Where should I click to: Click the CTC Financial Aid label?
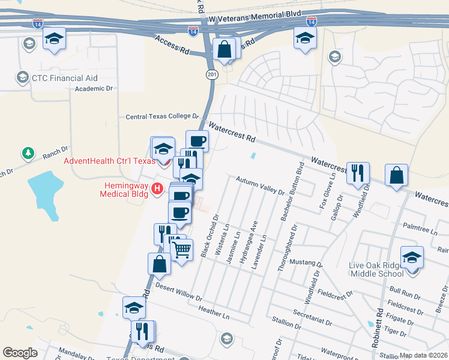pos(65,78)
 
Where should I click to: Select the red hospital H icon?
pos(157,189)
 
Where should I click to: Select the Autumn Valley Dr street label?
pos(260,185)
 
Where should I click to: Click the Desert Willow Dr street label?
pos(178,292)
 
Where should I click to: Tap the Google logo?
pos(20,353)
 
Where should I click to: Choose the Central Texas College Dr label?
pos(161,116)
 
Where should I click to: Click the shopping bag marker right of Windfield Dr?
pos(397,176)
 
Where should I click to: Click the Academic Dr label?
pos(94,89)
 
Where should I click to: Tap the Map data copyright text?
pos(423,355)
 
